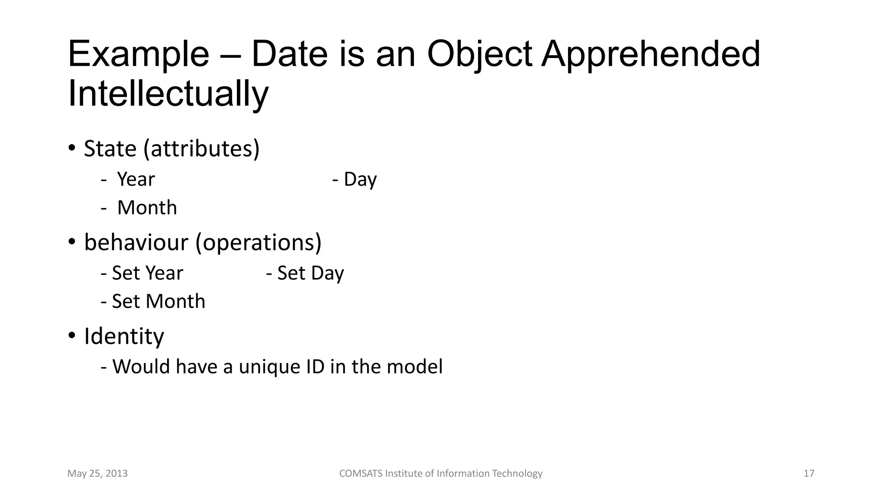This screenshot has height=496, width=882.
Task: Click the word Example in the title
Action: [138, 54]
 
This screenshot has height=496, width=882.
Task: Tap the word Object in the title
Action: [479, 54]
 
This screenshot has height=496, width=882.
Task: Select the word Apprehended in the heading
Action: [650, 54]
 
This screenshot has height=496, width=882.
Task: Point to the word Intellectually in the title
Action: [168, 94]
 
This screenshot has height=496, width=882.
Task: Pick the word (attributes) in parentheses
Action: [202, 149]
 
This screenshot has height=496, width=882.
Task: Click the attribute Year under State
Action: [136, 179]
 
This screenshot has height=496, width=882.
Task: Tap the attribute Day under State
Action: [360, 179]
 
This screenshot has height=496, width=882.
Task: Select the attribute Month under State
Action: [147, 208]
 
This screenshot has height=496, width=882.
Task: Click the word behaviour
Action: [136, 242]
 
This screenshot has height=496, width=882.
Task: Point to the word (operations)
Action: [258, 242]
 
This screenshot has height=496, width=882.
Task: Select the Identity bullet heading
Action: [124, 336]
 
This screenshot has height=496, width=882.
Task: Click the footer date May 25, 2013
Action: [98, 474]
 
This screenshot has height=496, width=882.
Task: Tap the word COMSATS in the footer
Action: [360, 474]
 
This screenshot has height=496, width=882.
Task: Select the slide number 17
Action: [809, 474]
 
